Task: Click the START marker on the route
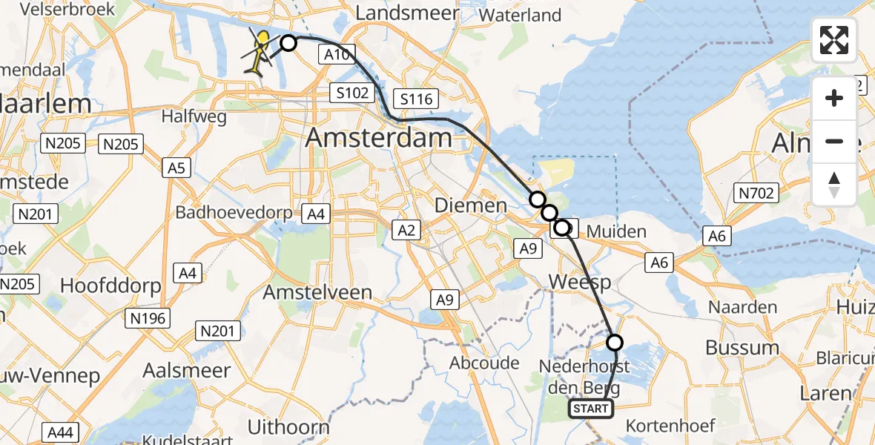click(x=591, y=409)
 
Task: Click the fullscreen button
click(x=834, y=40)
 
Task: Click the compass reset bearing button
click(x=834, y=184)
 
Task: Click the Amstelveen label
click(x=317, y=292)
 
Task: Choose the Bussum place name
click(x=742, y=347)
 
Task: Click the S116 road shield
click(x=416, y=99)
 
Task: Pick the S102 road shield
click(x=349, y=93)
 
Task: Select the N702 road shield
click(x=756, y=194)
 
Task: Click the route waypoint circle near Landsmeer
click(x=288, y=44)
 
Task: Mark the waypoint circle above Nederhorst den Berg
click(x=615, y=343)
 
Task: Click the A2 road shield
click(x=406, y=231)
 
